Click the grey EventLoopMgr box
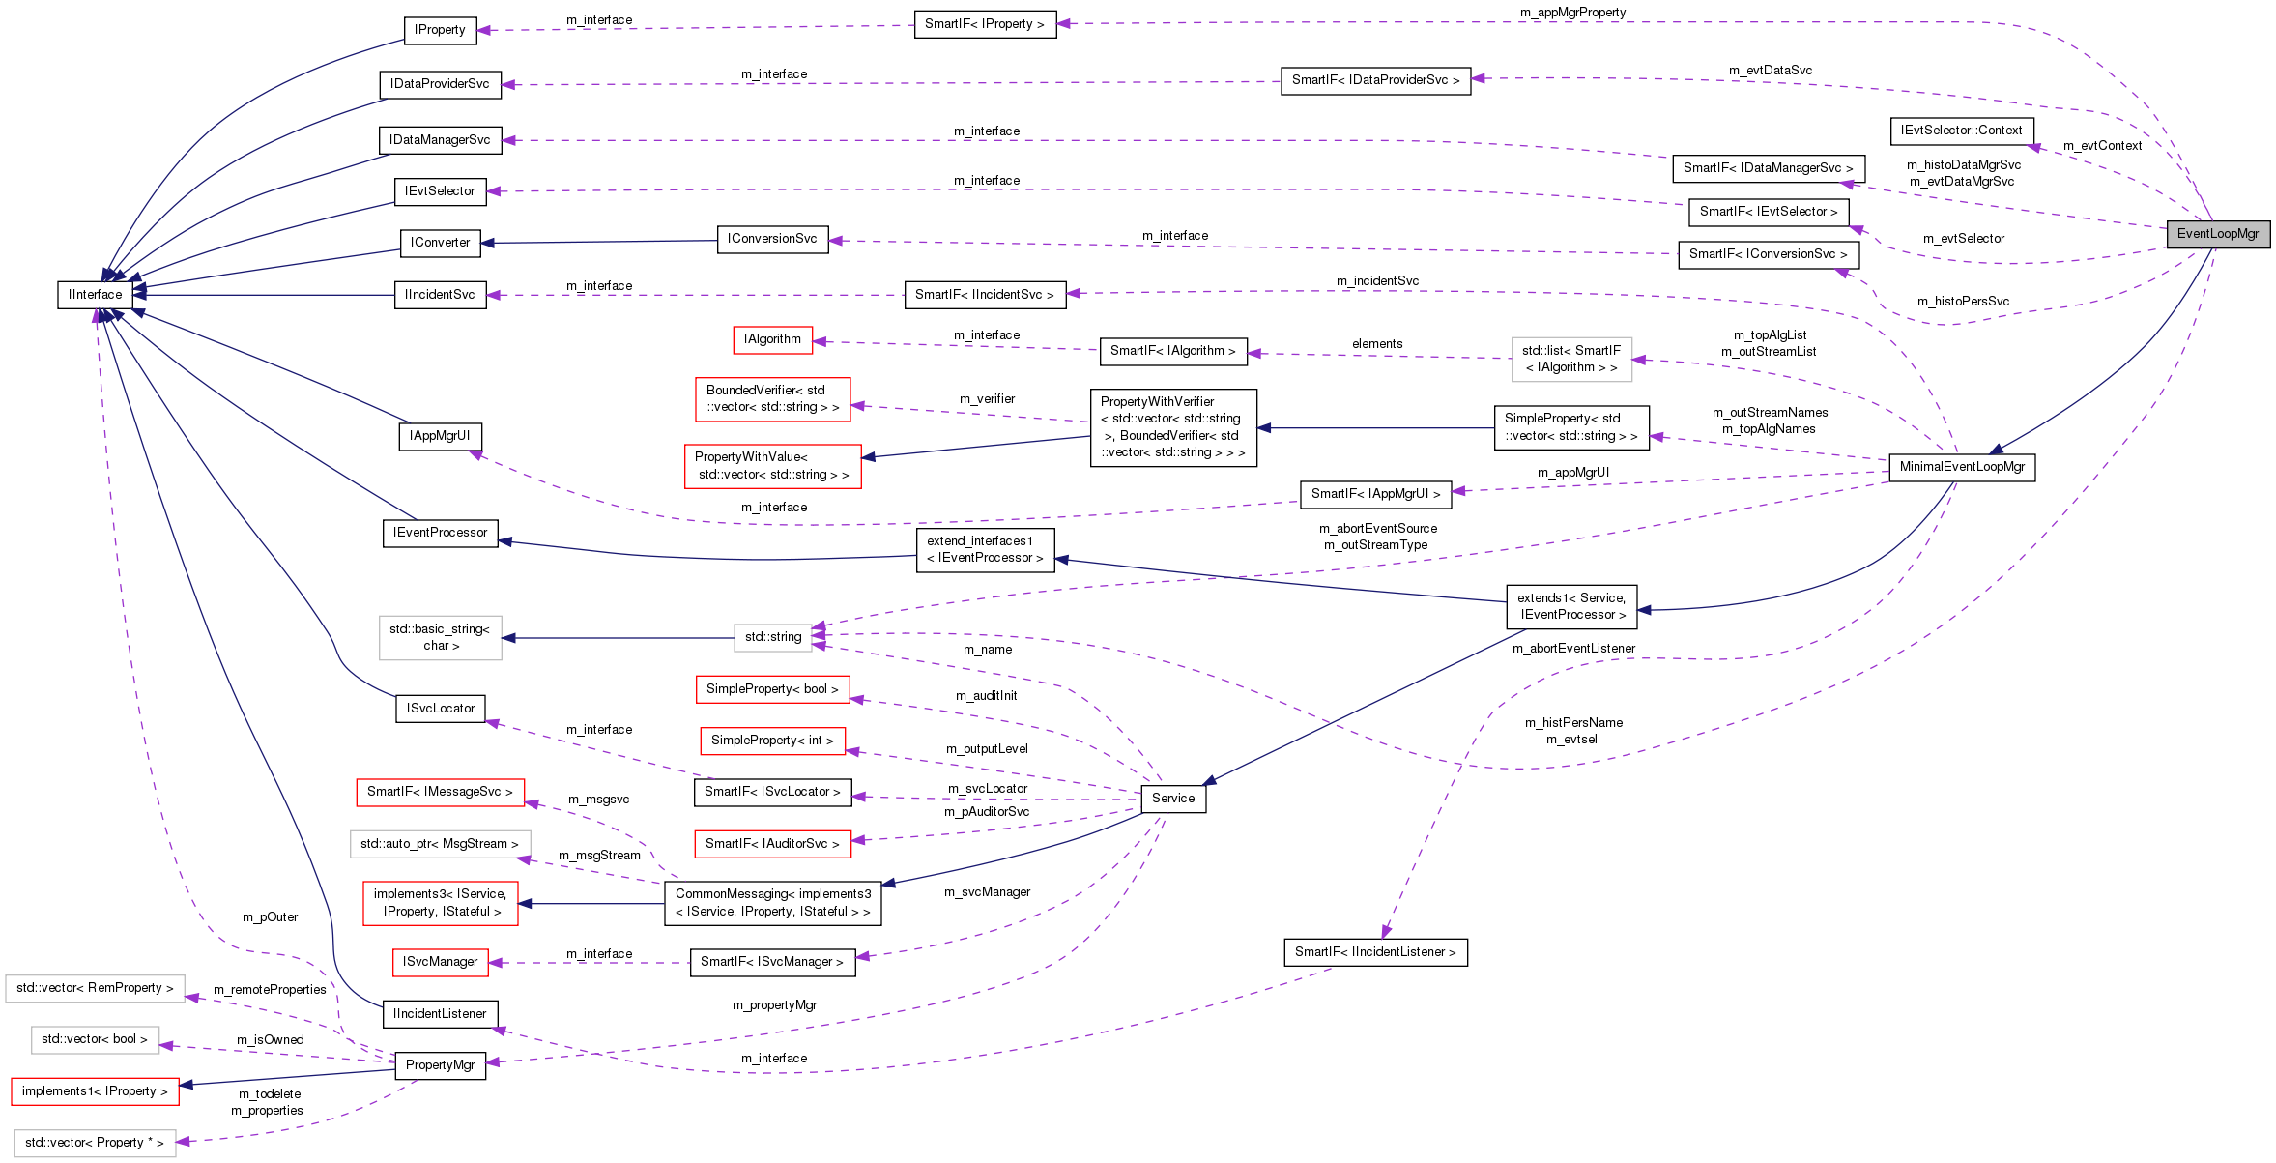[x=2217, y=234]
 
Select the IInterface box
[x=95, y=295]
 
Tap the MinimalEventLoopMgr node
[x=1961, y=467]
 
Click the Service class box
[x=1172, y=799]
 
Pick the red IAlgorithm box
[x=771, y=339]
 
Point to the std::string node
[x=772, y=637]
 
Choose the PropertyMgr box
[x=440, y=1065]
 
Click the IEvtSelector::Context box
[x=1961, y=131]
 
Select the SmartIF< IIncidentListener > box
[x=1374, y=952]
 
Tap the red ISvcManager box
[x=440, y=962]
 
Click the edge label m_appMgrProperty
[x=1572, y=13]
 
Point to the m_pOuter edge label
[x=270, y=917]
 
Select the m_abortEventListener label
[x=1573, y=649]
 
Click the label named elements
[x=1376, y=344]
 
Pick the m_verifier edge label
[x=987, y=399]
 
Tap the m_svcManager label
[x=987, y=892]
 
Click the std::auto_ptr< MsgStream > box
[x=440, y=844]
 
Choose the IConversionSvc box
[x=771, y=239]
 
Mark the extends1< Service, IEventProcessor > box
[x=1570, y=606]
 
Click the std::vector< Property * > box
[x=94, y=1143]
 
